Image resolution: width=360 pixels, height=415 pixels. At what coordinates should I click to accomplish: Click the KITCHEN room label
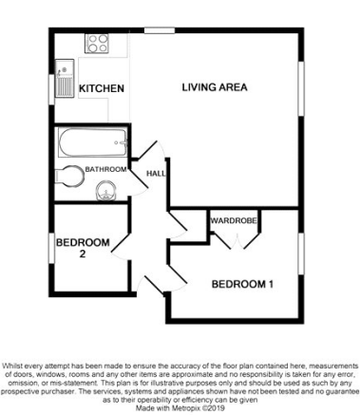click(102, 88)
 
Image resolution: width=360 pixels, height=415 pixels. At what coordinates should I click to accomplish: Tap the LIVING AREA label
click(215, 87)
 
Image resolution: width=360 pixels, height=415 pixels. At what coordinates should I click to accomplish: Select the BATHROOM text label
click(106, 169)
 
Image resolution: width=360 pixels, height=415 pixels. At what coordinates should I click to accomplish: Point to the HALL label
click(156, 174)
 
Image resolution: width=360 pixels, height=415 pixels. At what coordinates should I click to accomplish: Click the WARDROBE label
click(234, 220)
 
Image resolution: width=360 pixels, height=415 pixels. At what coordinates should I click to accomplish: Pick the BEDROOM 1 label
click(242, 284)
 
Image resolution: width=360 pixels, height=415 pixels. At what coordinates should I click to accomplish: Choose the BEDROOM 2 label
click(83, 248)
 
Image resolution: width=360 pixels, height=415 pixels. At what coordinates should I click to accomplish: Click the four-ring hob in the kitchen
click(97, 44)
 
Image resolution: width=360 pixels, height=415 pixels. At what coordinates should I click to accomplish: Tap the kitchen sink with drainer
click(65, 79)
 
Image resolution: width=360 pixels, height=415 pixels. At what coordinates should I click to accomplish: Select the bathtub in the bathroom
click(92, 142)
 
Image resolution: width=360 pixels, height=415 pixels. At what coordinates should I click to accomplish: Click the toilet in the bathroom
click(69, 176)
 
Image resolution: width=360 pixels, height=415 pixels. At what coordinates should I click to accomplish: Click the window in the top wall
click(160, 30)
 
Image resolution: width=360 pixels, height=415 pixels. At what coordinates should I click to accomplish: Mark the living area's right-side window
click(301, 88)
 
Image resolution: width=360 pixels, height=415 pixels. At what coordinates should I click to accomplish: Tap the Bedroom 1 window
click(301, 254)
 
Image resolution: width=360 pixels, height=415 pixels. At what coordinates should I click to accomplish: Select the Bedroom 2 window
click(51, 248)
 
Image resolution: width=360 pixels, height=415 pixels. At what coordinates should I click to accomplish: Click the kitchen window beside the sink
click(51, 89)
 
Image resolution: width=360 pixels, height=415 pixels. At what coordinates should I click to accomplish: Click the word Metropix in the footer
click(185, 407)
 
